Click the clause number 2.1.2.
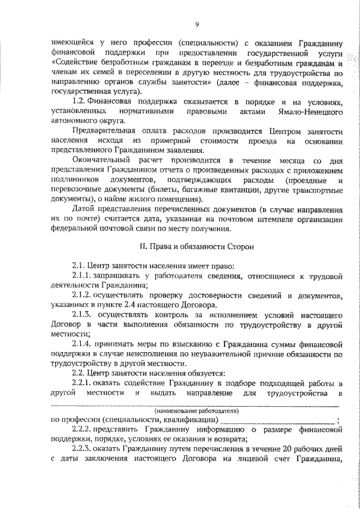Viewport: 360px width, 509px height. click(x=85, y=294)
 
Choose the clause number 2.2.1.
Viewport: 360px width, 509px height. click(x=85, y=382)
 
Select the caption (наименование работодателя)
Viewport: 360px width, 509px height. click(x=195, y=411)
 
